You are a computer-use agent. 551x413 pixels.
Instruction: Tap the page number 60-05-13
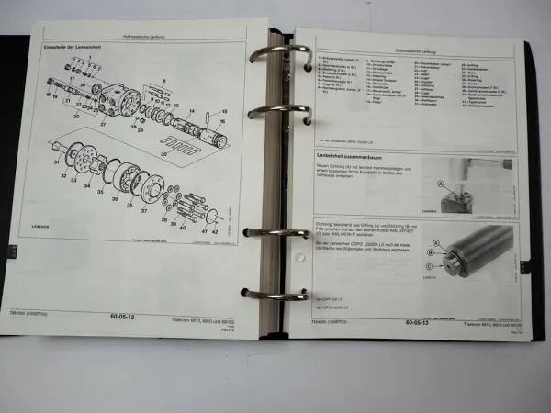pyautogui.click(x=422, y=322)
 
